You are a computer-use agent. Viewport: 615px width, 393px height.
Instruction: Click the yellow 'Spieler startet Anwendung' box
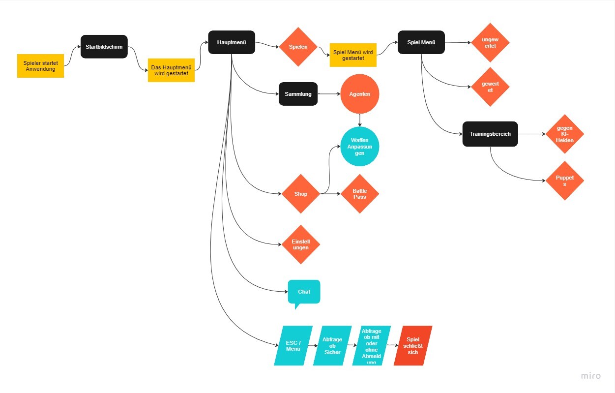pos(40,66)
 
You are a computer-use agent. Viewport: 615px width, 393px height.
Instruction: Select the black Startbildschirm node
pos(104,47)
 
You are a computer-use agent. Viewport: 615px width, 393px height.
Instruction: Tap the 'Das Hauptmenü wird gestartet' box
pos(171,70)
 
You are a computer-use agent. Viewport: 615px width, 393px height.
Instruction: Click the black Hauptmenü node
pos(232,43)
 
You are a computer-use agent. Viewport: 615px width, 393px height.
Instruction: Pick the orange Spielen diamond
pos(298,47)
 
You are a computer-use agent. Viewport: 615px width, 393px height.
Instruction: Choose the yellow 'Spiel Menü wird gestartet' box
pos(353,55)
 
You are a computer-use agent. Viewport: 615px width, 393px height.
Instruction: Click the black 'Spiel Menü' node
pos(421,43)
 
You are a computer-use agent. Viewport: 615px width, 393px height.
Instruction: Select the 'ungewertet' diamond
pos(490,42)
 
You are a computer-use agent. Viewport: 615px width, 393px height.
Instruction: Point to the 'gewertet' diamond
pos(490,87)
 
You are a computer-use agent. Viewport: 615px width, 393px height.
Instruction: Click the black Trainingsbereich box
pos(490,134)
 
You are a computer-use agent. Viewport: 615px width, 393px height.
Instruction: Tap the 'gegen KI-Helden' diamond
pos(564,134)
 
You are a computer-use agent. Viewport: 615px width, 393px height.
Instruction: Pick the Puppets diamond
pos(564,181)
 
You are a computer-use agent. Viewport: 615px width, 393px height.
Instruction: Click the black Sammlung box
pos(298,94)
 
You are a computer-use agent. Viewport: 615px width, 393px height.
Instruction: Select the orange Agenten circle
pos(360,93)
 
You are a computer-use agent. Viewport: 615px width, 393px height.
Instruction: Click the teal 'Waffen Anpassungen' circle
pos(360,147)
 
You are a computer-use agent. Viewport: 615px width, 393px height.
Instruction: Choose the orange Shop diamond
pos(300,194)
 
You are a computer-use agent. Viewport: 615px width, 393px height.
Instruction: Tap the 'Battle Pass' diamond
pos(359,194)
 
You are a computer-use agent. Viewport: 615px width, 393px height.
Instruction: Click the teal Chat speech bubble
pos(304,292)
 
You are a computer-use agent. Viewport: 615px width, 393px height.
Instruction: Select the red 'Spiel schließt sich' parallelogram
pos(413,346)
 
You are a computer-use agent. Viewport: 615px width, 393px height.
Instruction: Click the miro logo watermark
pos(590,376)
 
